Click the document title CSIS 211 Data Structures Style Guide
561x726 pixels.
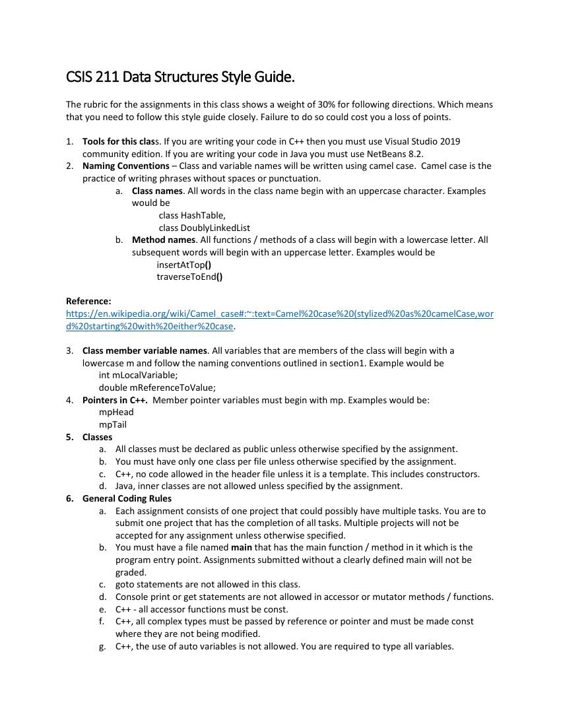[180, 77]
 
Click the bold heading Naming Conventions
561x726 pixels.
[125, 166]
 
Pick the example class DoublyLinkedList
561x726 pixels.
[204, 228]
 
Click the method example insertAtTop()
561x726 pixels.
[183, 265]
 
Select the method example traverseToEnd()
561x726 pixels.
[189, 277]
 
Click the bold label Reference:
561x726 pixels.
[88, 301]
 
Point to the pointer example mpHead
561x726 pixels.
[116, 412]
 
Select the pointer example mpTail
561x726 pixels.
[113, 424]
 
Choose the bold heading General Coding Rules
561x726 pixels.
[127, 498]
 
